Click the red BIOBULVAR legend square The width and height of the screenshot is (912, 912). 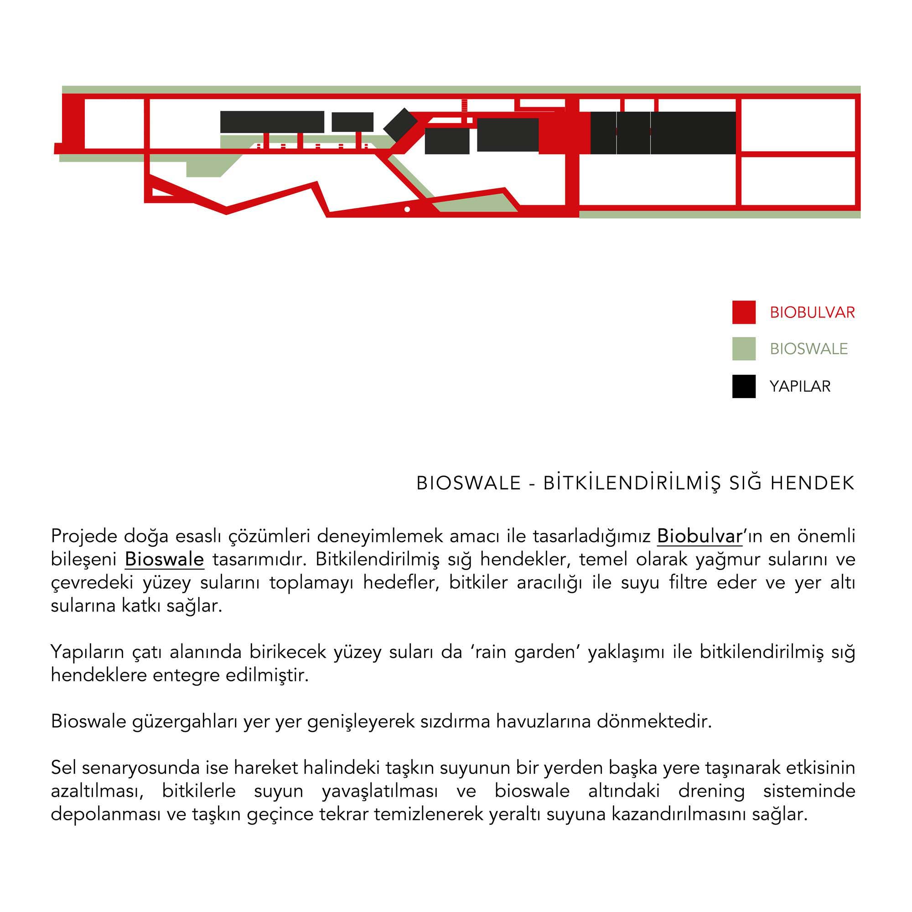[744, 312]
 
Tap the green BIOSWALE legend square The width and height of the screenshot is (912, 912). [744, 349]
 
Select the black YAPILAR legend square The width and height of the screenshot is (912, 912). [744, 386]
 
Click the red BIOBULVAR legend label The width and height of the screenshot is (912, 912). [812, 312]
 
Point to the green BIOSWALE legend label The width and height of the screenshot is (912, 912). [808, 349]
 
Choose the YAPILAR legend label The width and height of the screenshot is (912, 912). [800, 386]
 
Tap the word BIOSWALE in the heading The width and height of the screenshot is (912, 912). [468, 483]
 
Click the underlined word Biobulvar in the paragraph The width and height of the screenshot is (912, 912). [700, 536]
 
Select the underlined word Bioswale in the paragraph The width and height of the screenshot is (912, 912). [164, 560]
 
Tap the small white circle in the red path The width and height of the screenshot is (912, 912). [407, 209]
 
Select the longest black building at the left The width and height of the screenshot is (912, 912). [272, 122]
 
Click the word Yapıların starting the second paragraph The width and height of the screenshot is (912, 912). [87, 653]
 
